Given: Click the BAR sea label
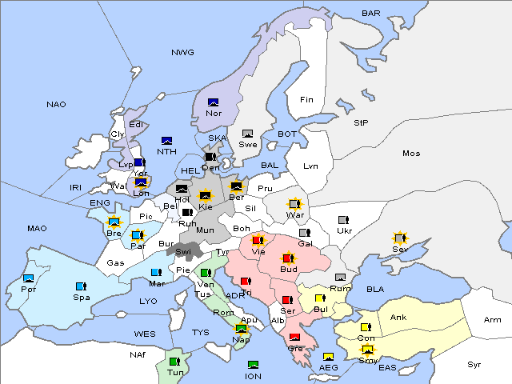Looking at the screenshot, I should coord(371,14).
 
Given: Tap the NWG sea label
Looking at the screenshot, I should coord(182,53).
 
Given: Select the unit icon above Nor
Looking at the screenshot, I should coord(214,102).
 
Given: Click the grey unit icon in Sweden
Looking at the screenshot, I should coord(248,134).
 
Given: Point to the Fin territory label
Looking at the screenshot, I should coord(306,100).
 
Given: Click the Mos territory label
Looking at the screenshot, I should coord(411,153).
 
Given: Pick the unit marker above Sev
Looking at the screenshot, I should coord(399,238).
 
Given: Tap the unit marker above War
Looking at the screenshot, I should coord(295,204).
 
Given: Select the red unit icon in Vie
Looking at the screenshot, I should coord(258,239).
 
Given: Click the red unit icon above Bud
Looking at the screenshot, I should coord(288,259).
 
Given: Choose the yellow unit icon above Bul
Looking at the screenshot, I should coord(320,298).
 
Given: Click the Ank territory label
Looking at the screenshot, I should coord(398,318).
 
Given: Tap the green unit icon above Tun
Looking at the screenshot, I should coord(174,362).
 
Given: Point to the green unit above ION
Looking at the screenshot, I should coord(254,365).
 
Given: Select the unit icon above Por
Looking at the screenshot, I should coord(29,278).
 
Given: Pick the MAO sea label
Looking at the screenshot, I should coord(37,229).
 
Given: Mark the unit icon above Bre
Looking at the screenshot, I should coord(114,222).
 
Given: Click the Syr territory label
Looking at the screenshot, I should coord(475,364).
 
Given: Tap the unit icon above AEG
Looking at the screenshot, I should coord(328,357).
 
